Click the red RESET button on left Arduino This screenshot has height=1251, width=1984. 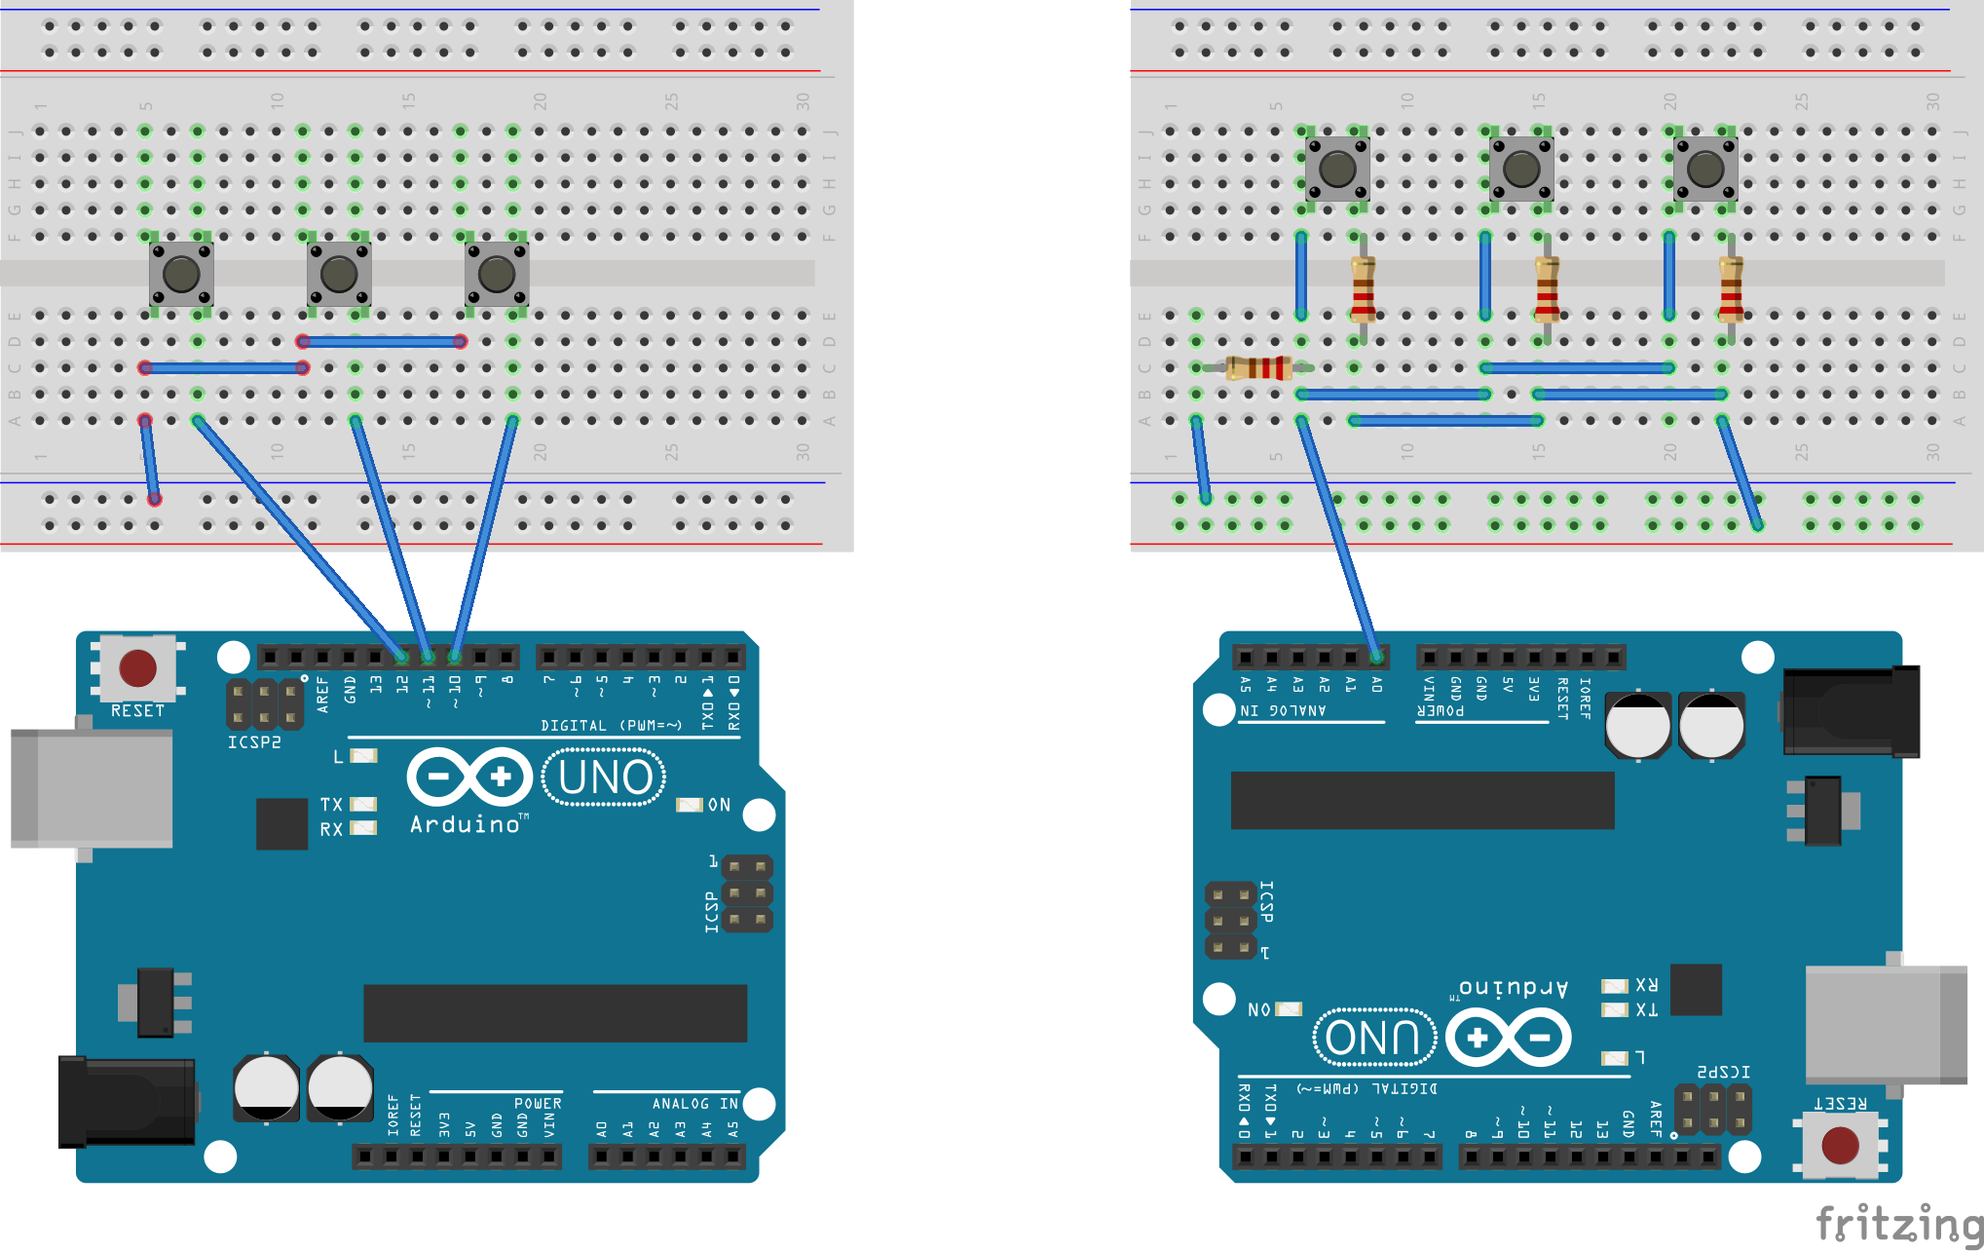[x=137, y=668]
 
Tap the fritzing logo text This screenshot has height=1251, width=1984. [x=1898, y=1224]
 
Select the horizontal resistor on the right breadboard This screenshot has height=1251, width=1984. [x=1258, y=367]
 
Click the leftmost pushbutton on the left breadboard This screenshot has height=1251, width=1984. [x=181, y=275]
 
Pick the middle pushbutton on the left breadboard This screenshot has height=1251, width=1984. [x=339, y=275]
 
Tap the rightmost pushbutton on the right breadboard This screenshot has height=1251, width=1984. [x=1705, y=169]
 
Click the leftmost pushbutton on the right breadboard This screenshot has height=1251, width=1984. [x=1337, y=169]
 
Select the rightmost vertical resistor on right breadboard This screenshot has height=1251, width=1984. [x=1731, y=289]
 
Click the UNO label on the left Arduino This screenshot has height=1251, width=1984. [x=605, y=777]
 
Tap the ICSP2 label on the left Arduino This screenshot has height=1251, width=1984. [x=254, y=742]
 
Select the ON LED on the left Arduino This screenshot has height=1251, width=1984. [x=689, y=805]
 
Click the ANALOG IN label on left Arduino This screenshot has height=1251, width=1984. [x=694, y=1104]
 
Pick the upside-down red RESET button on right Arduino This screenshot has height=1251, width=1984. [x=1840, y=1146]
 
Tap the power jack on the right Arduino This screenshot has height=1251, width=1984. [x=1851, y=712]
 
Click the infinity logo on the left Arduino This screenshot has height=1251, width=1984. [x=469, y=777]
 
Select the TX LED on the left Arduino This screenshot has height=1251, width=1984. [x=363, y=805]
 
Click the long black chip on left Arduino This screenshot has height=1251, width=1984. [x=555, y=1013]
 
